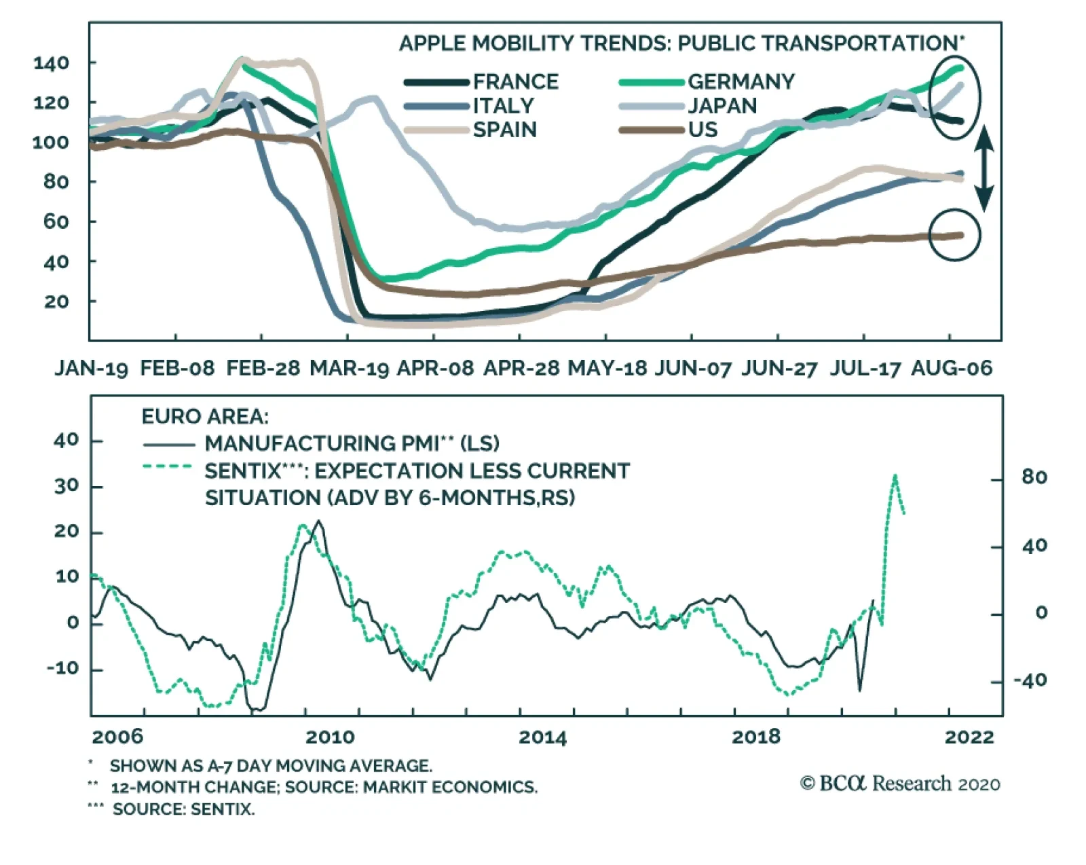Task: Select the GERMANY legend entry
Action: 741,82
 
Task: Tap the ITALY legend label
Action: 503,106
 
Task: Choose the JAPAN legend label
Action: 722,106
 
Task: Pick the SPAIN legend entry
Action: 504,130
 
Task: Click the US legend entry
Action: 703,130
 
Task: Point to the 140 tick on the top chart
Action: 51,63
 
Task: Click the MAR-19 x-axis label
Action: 349,369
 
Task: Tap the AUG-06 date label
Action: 952,369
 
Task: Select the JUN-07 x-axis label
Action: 692,369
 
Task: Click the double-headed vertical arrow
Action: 984,168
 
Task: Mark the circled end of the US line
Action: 954,235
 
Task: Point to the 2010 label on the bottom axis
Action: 330,737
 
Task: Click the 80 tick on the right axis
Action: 1034,478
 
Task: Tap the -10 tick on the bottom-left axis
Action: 62,669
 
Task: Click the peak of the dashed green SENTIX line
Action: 895,476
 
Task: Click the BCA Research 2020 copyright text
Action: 900,784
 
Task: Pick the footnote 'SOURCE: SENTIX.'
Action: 183,809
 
